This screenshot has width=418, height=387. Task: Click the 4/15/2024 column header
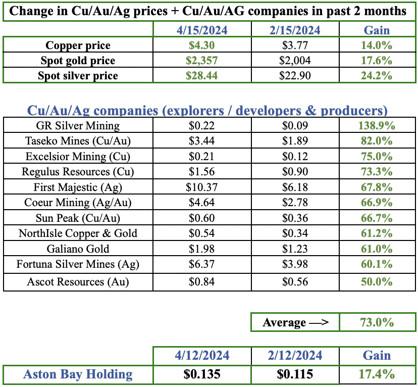coord(201,30)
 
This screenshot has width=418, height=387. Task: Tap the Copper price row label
coord(78,45)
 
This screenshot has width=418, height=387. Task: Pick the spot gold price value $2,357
coord(201,61)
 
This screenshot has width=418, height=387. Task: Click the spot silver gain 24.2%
coord(378,76)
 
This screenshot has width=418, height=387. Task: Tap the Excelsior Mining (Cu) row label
coord(78,157)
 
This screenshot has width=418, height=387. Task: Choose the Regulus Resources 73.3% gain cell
coord(378,172)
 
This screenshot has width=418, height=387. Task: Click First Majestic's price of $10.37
coord(201,187)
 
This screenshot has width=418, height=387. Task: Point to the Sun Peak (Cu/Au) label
coord(78,218)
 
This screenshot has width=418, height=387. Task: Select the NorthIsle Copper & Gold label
coord(78,233)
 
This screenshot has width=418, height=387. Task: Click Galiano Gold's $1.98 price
coord(201,249)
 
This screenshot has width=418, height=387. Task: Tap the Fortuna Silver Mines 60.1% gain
coord(378,264)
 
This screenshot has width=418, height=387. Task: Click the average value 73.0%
coord(378,322)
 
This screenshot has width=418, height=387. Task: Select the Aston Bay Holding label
coord(78,374)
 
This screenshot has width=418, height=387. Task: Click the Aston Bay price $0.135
coord(201,374)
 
